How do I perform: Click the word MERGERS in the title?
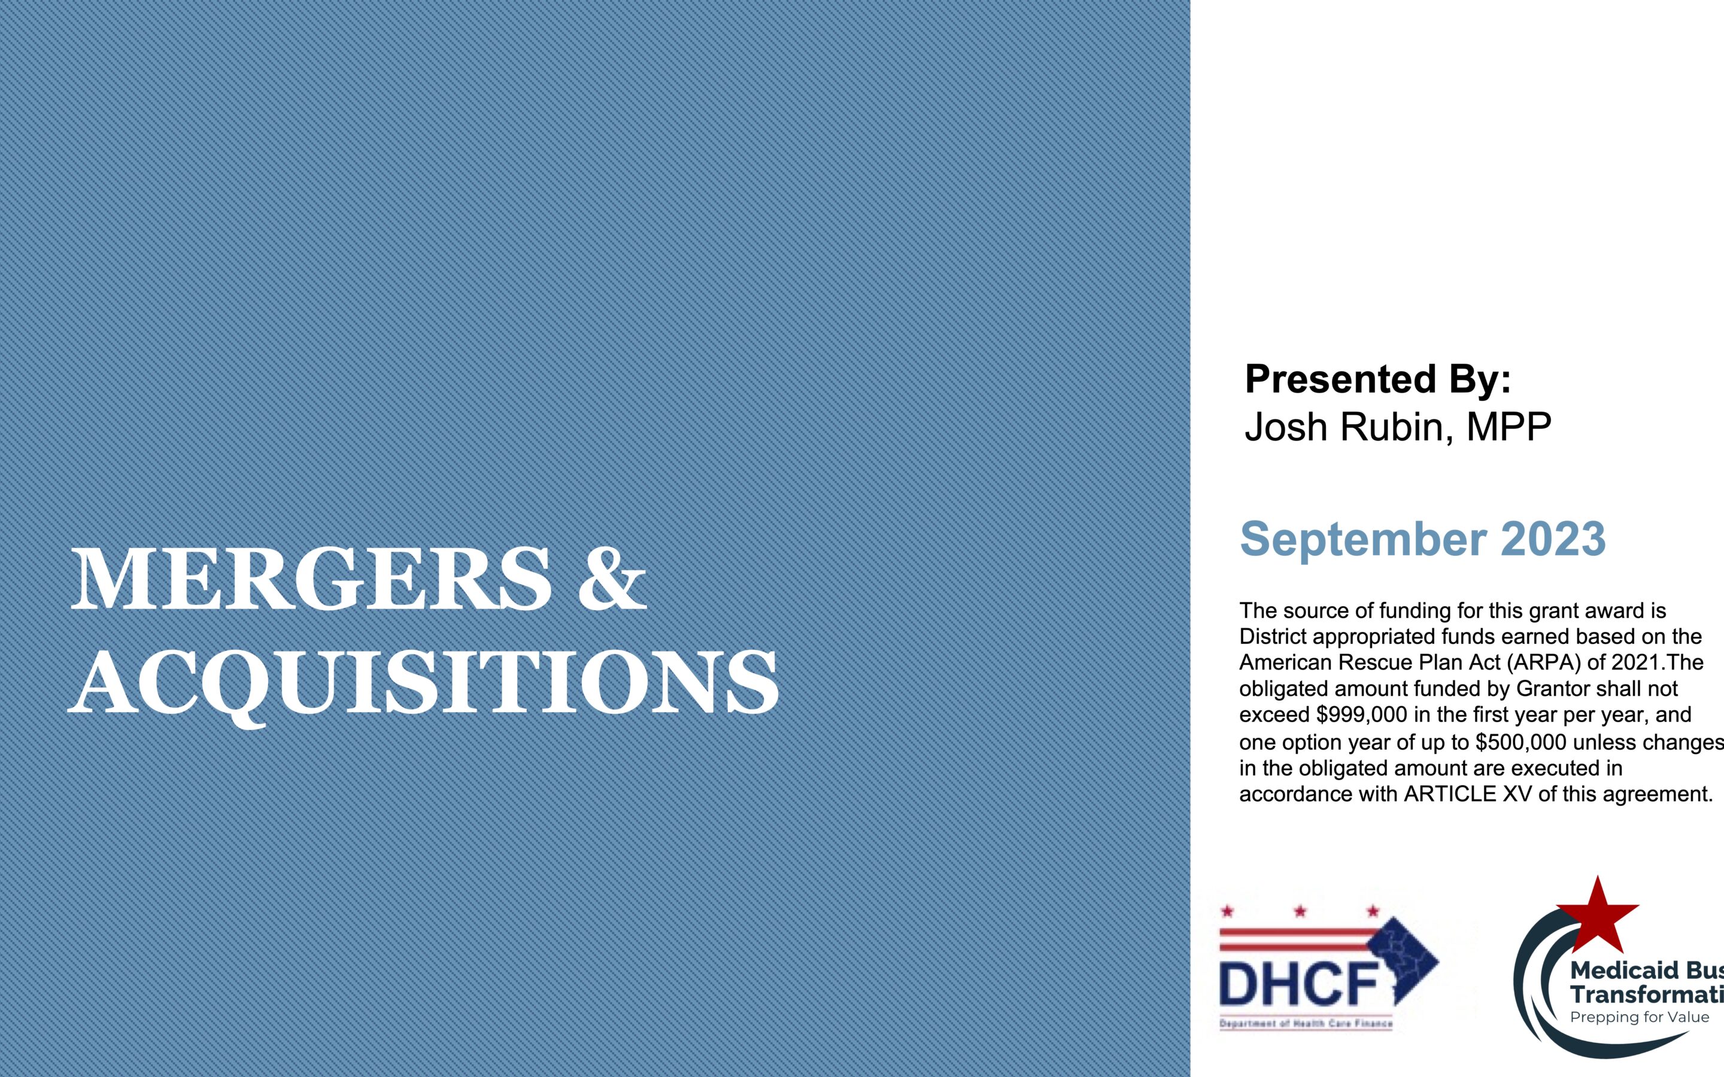coord(311,579)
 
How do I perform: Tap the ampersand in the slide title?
coord(612,579)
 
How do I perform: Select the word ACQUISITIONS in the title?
coord(423,682)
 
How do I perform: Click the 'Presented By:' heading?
coord(1377,379)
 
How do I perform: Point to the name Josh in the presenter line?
coord(1286,427)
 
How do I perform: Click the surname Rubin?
coord(1397,427)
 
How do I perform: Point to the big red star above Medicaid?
coord(1597,915)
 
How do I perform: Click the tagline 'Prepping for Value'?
coord(1639,1017)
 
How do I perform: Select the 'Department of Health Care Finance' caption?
coord(1306,1024)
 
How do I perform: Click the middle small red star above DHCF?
coord(1300,911)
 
